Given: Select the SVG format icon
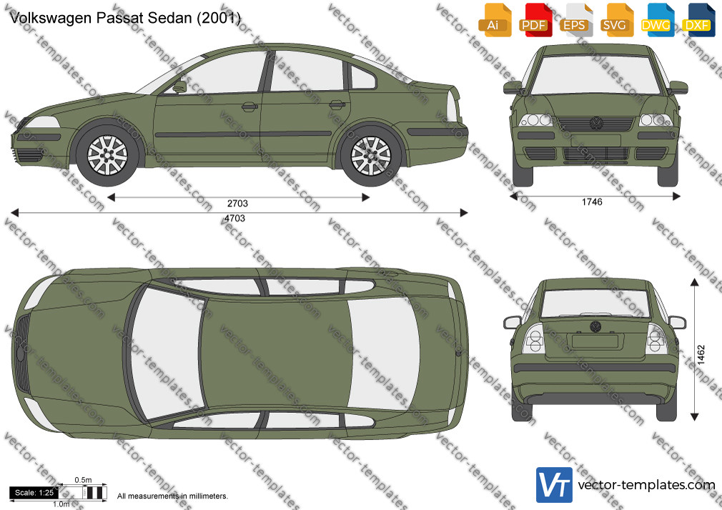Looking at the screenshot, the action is [616, 20].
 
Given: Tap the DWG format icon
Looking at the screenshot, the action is [658, 20].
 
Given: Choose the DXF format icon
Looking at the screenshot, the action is [698, 20].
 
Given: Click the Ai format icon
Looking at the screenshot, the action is [495, 20].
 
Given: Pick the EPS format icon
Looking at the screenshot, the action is [576, 20].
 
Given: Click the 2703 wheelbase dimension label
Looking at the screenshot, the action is [237, 204].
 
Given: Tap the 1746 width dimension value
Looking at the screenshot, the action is [592, 201].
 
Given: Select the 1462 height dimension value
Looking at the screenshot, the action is [701, 355].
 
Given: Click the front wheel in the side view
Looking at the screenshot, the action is [107, 155].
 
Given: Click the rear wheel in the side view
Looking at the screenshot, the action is [371, 156].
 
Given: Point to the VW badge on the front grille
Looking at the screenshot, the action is [596, 123].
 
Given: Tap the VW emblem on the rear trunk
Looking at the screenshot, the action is [595, 327].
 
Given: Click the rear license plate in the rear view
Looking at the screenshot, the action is [595, 341].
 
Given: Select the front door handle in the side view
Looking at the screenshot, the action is [249, 106].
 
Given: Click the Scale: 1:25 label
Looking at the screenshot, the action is [34, 493].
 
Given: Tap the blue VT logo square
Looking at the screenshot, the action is [555, 485].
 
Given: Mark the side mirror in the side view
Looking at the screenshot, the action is [179, 86].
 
